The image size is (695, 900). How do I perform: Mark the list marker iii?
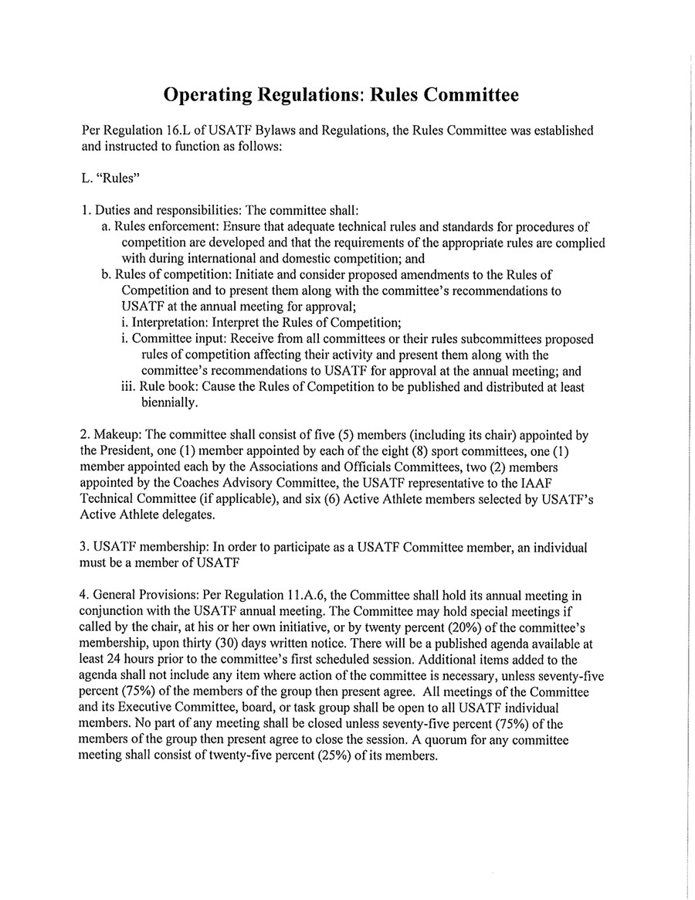(x=128, y=387)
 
